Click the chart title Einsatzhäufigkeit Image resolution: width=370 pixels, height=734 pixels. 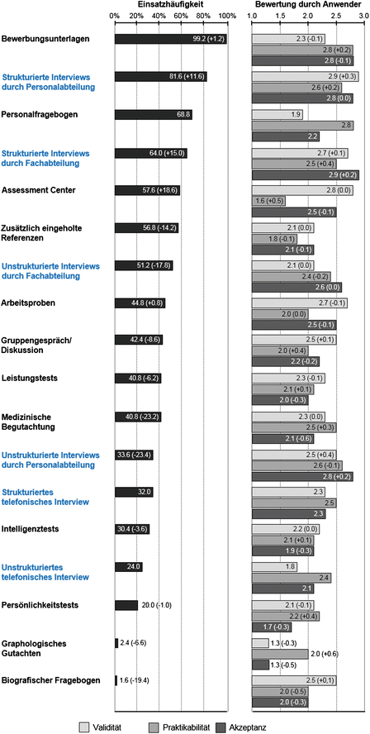pyautogui.click(x=170, y=5)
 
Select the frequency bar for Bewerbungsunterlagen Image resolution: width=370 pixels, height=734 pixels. pyautogui.click(x=170, y=39)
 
